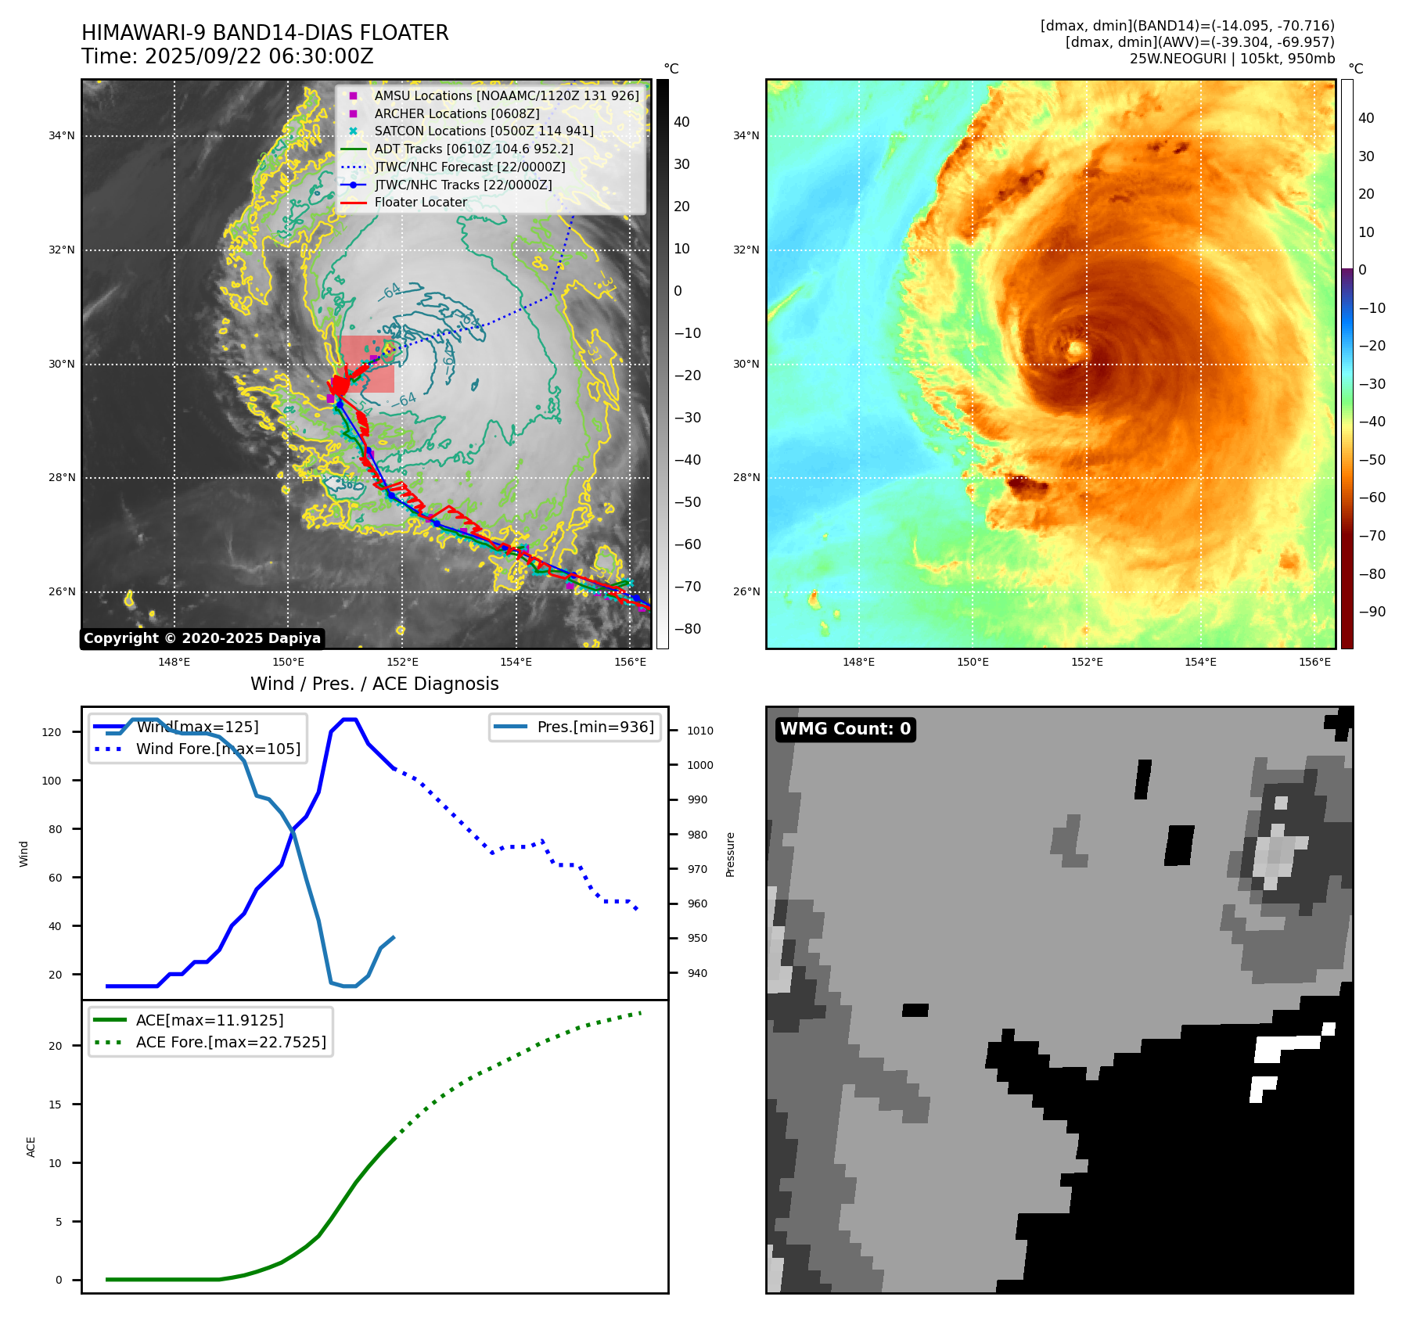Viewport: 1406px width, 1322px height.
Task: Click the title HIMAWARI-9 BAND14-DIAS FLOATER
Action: tap(264, 33)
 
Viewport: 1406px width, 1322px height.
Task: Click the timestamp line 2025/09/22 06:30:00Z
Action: tap(227, 56)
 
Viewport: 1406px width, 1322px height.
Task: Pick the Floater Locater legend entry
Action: tap(420, 202)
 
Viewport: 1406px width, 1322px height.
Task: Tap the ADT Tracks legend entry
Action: tap(473, 149)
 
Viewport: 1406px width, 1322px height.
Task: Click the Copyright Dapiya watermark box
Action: tap(202, 638)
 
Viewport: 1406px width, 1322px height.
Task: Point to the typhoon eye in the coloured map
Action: tap(1076, 349)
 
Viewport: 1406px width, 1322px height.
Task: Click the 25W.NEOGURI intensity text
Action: tap(1232, 59)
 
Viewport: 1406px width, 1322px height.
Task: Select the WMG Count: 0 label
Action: tap(845, 729)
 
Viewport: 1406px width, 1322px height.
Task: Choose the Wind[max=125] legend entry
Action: tap(197, 727)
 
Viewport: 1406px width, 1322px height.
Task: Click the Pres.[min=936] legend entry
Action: tap(595, 727)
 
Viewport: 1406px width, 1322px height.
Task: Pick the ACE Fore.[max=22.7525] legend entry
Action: tap(230, 1042)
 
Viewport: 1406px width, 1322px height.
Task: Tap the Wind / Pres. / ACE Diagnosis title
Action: tap(374, 684)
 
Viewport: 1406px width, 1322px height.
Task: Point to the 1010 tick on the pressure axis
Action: tap(699, 731)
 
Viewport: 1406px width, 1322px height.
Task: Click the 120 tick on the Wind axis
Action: tap(51, 732)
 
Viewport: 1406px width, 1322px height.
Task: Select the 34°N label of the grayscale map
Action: tap(61, 136)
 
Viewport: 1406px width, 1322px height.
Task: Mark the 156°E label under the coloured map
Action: tap(1314, 662)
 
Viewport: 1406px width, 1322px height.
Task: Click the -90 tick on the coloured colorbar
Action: tap(1372, 612)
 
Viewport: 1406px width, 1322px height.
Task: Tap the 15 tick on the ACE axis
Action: tap(55, 1105)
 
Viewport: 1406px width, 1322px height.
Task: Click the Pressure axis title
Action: tap(730, 854)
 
